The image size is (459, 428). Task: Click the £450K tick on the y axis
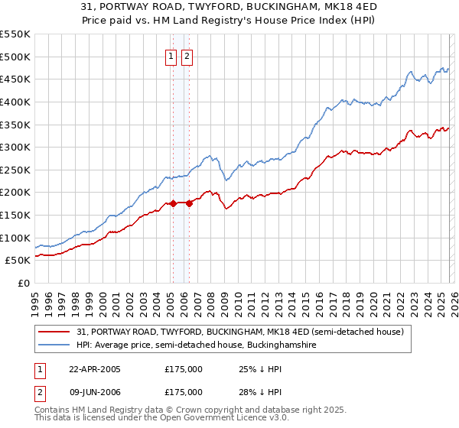click(15, 79)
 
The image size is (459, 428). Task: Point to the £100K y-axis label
click(15, 238)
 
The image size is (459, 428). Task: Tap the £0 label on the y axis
click(23, 283)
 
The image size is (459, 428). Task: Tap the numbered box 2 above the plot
click(187, 56)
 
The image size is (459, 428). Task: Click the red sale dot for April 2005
click(173, 203)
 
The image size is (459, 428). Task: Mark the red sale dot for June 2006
click(188, 203)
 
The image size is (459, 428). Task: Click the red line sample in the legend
click(56, 332)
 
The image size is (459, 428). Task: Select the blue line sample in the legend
click(56, 345)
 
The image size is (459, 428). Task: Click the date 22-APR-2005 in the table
click(95, 369)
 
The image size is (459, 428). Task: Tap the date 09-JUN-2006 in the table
click(95, 392)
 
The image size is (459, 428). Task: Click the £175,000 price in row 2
click(184, 392)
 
